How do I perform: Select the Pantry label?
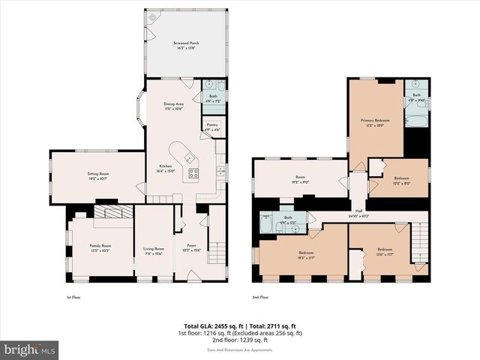pyautogui.click(x=211, y=125)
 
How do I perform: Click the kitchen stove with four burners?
pyautogui.click(x=193, y=173)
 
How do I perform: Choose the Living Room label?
pyautogui.click(x=154, y=248)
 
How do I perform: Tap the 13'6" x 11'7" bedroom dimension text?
pyautogui.click(x=385, y=253)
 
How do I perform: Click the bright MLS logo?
pyautogui.click(x=30, y=349)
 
